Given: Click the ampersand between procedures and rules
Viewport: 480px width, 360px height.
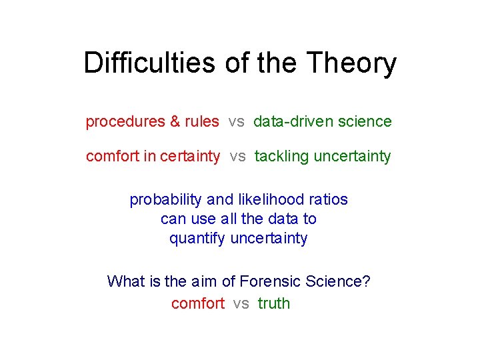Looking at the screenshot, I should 175,121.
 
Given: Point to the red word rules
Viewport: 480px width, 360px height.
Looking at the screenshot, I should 202,121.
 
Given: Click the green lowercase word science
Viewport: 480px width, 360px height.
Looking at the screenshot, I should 365,121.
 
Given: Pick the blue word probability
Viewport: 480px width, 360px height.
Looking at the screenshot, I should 165,199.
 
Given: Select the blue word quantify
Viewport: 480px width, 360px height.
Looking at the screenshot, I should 197,239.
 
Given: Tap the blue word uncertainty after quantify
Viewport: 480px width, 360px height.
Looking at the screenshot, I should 269,239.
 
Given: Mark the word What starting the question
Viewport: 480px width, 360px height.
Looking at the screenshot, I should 125,281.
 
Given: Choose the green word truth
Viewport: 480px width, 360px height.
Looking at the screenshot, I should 273,303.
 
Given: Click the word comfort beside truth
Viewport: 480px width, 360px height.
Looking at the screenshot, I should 198,303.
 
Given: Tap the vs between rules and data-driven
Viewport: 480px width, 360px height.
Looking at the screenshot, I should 236,121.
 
